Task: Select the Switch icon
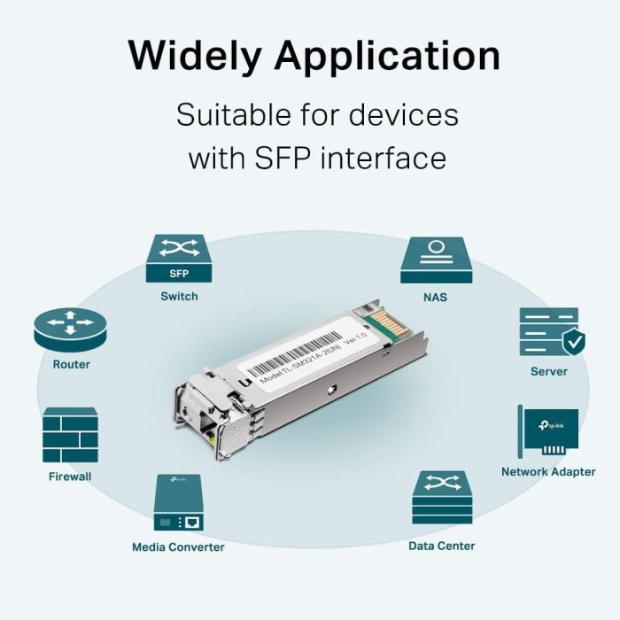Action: [x=179, y=259]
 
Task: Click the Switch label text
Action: [x=179, y=296]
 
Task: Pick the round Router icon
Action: [x=70, y=328]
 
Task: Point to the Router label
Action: [x=71, y=364]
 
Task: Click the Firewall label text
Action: [x=70, y=477]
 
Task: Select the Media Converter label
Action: [x=178, y=546]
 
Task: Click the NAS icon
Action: [x=436, y=259]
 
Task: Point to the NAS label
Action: [x=436, y=297]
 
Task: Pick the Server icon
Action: [x=548, y=331]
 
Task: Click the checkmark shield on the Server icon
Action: [x=572, y=340]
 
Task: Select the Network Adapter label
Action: [x=548, y=472]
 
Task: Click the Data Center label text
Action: [x=441, y=546]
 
